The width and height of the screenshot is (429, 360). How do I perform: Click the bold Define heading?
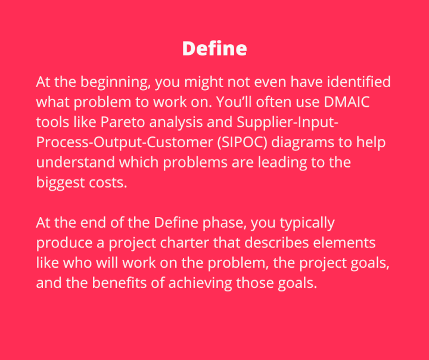tap(214, 48)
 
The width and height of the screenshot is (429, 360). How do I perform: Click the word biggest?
tap(60, 183)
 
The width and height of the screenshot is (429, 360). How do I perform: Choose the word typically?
tap(304, 224)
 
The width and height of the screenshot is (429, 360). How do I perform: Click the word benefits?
tap(118, 283)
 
